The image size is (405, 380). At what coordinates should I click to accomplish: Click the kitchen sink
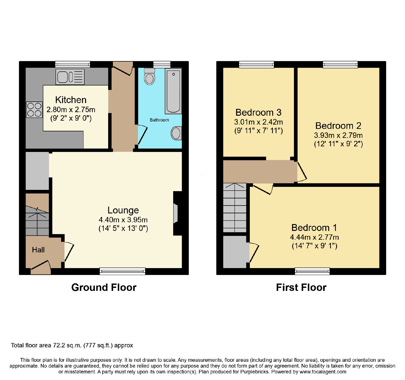click(x=70, y=77)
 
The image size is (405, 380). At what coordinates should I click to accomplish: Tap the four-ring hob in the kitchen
click(x=34, y=110)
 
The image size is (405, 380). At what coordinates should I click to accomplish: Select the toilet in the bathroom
click(x=150, y=76)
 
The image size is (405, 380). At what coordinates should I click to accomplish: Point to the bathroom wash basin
click(x=176, y=133)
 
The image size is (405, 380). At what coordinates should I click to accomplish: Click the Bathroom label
click(x=159, y=120)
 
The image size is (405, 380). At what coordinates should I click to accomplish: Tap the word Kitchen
click(x=71, y=100)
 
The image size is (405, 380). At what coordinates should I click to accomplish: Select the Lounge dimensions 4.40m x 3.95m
click(x=123, y=220)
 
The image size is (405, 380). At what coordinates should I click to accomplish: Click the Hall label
click(x=38, y=250)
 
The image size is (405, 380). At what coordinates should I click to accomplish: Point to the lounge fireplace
click(x=177, y=213)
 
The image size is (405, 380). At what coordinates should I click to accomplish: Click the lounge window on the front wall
click(x=123, y=271)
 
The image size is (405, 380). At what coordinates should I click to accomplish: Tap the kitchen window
click(x=73, y=64)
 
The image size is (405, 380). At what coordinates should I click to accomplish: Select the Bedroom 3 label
click(x=258, y=112)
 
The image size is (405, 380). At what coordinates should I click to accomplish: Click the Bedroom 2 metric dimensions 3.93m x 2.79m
click(x=338, y=135)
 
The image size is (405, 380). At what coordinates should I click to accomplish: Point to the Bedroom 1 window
click(x=312, y=271)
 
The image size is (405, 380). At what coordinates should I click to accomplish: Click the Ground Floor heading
click(x=104, y=287)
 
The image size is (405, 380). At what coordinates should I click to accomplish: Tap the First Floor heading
click(x=301, y=287)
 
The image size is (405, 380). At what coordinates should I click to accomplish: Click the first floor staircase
click(x=235, y=208)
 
